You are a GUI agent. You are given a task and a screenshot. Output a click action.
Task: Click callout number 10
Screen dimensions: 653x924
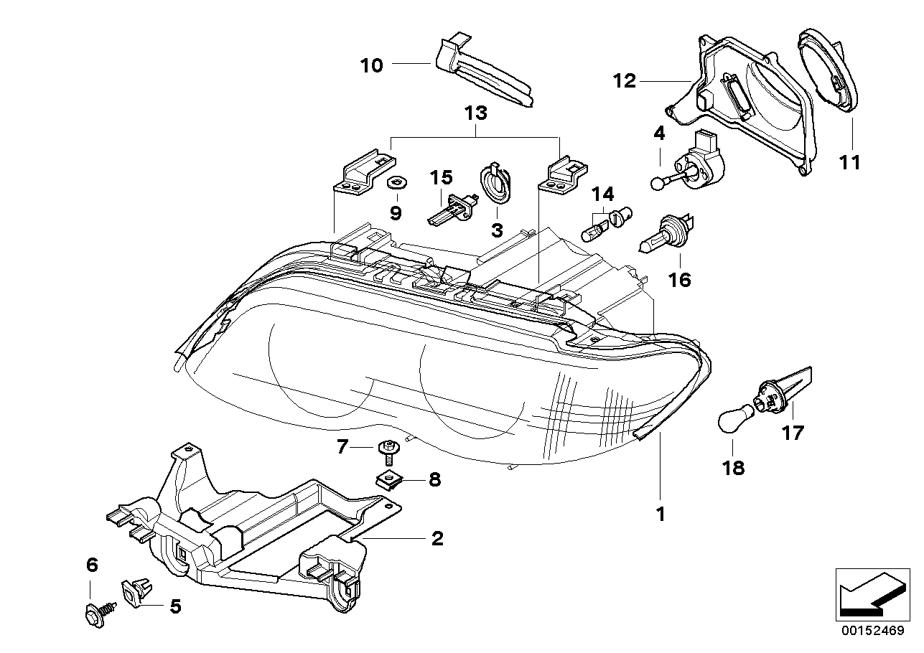click(371, 66)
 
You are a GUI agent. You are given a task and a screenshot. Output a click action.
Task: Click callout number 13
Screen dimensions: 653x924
click(475, 113)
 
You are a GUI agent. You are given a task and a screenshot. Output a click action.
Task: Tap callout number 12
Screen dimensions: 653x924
click(625, 81)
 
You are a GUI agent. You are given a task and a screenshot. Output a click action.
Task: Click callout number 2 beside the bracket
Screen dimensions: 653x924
click(436, 538)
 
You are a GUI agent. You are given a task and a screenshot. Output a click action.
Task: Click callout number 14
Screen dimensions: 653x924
click(603, 193)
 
